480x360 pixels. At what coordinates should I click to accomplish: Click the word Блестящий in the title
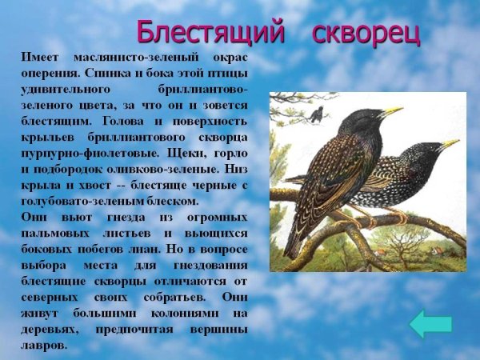pos(210,31)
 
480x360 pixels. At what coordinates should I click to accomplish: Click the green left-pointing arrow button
pos(430,324)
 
